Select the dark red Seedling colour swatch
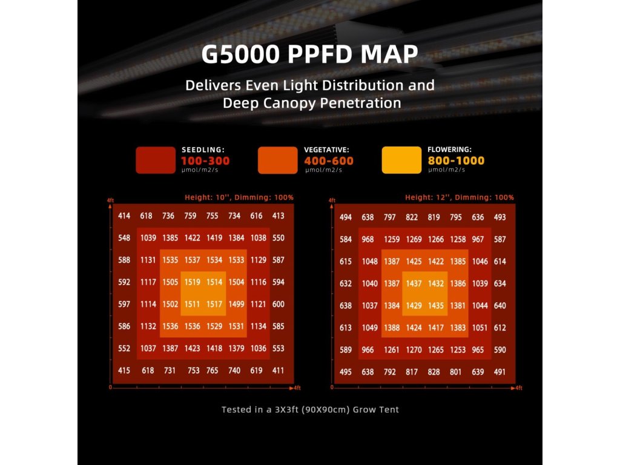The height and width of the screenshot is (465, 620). [156, 160]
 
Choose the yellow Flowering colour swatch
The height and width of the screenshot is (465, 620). [401, 160]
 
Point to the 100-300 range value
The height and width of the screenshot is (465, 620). [205, 161]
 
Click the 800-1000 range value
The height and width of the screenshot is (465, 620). [456, 161]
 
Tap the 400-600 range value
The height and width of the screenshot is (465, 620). [329, 161]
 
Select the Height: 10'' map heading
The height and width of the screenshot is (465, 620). [239, 197]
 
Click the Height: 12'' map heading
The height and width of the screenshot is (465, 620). [460, 197]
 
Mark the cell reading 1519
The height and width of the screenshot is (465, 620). [192, 282]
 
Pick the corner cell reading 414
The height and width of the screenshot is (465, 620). [124, 216]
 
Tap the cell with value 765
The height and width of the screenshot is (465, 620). [212, 371]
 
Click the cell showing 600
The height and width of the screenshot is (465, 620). [279, 305]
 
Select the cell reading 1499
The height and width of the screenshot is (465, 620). [237, 305]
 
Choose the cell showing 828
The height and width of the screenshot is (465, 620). [434, 372]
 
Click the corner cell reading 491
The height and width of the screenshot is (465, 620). [500, 372]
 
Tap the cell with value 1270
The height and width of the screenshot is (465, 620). [413, 350]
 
